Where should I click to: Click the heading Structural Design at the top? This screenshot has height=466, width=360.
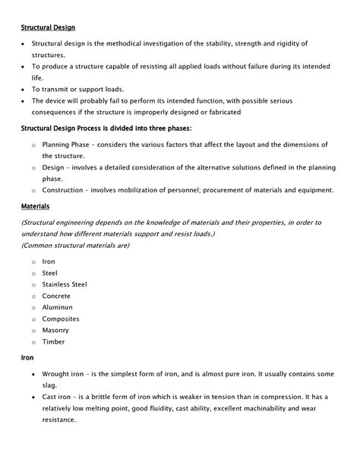click(x=47, y=28)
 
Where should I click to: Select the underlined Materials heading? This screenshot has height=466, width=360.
click(x=36, y=205)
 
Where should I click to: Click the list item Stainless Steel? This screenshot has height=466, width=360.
click(x=65, y=284)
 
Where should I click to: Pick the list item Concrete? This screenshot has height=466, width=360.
click(x=56, y=296)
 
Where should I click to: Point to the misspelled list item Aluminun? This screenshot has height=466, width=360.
click(x=58, y=307)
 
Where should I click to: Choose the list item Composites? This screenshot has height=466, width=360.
click(x=61, y=319)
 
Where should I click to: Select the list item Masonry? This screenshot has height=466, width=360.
click(x=55, y=331)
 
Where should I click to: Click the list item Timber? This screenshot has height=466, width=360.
click(x=53, y=342)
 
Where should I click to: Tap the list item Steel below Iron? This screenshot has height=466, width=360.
click(x=49, y=273)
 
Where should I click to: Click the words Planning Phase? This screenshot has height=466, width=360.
click(x=67, y=144)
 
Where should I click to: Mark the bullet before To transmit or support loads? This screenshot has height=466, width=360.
click(x=23, y=89)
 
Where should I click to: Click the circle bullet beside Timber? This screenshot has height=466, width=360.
click(x=33, y=343)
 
